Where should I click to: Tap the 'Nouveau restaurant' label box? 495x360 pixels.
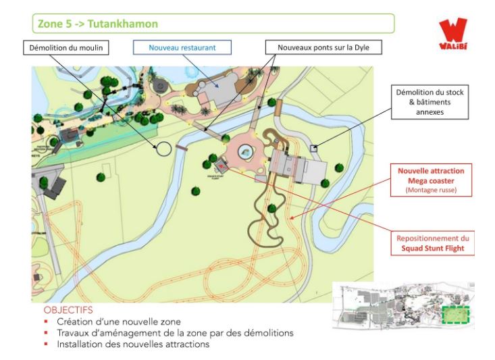(x=182, y=48)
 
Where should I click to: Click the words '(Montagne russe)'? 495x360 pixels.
(x=432, y=190)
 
